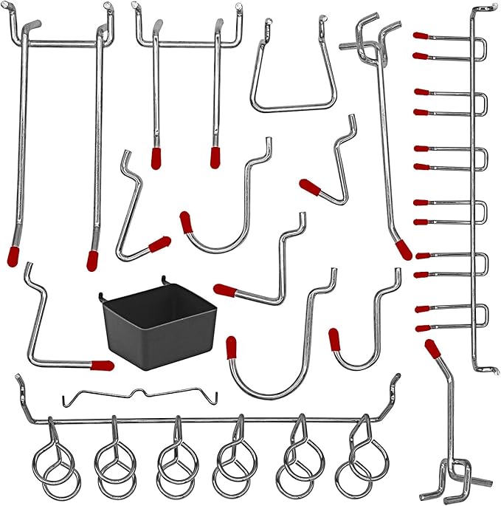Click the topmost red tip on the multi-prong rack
(x=421, y=35)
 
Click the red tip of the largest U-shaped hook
(x=231, y=346)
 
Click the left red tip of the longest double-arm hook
(x=15, y=236)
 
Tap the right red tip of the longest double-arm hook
(x=92, y=259)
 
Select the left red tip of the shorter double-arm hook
(x=156, y=157)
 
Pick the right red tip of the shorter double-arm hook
(x=215, y=157)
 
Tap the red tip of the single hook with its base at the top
(x=402, y=249)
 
